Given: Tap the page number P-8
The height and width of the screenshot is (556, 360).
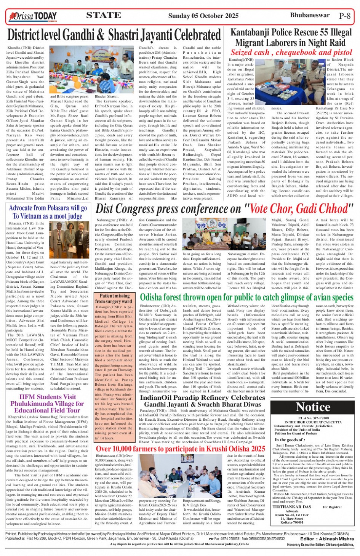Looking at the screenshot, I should click(x=344, y=16).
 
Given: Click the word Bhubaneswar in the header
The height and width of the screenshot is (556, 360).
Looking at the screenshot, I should click(x=309, y=15).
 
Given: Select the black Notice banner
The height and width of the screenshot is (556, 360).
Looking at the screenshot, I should click(x=313, y=407).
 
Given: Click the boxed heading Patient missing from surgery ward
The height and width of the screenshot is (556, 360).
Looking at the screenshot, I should click(x=114, y=298).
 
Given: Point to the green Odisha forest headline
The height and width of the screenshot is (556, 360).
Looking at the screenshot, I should click(x=246, y=297).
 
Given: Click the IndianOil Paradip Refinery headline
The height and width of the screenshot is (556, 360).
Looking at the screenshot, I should click(x=202, y=401).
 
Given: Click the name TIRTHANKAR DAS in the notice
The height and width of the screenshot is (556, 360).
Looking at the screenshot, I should click(x=291, y=507).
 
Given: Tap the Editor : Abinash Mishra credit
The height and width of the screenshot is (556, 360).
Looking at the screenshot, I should click(x=327, y=538).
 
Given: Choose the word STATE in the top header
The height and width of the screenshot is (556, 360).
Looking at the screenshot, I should click(x=103, y=15).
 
